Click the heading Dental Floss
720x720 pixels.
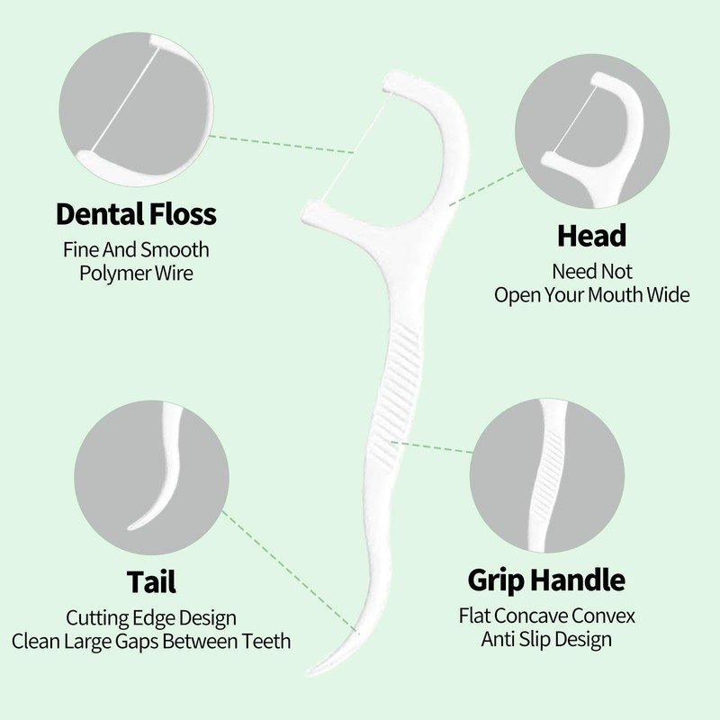tap(136, 215)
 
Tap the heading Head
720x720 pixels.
tap(591, 236)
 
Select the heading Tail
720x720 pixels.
tap(150, 580)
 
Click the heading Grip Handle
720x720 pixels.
tap(546, 578)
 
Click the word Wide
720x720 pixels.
tap(669, 294)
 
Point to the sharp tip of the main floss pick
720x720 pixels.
tap(311, 670)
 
